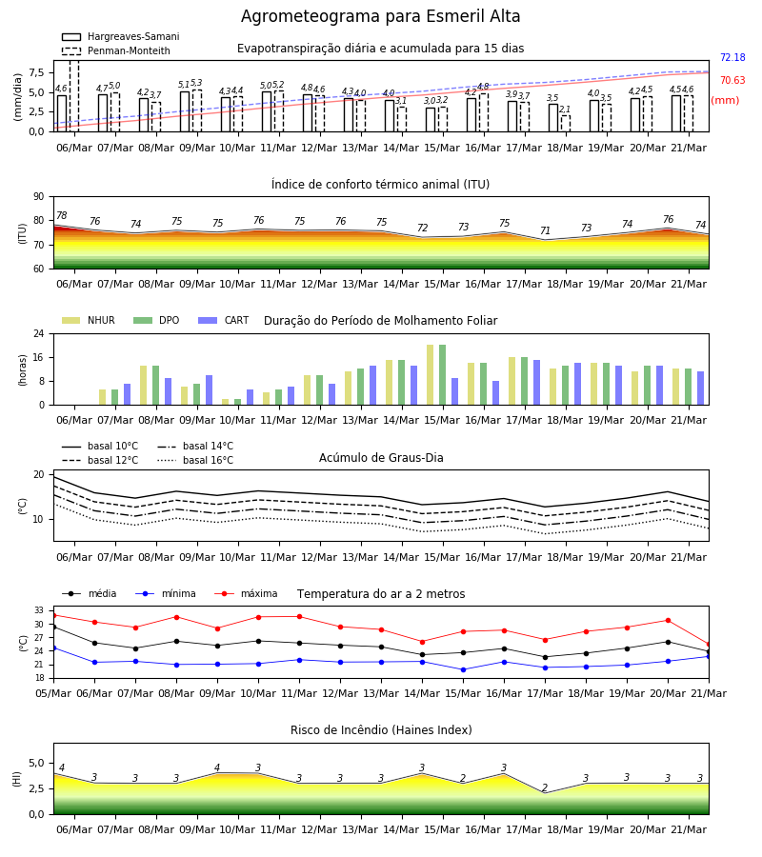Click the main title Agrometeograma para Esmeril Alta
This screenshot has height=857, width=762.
pyautogui.click(x=380, y=16)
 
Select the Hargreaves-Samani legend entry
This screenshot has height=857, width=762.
pyautogui.click(x=121, y=36)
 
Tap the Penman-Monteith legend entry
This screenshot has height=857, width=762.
pyautogui.click(x=116, y=50)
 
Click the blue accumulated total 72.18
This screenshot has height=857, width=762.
pyautogui.click(x=732, y=57)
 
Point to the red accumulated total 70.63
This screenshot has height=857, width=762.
pyautogui.click(x=732, y=80)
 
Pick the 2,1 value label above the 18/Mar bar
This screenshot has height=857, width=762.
pyautogui.click(x=565, y=110)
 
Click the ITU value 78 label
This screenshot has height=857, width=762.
pyautogui.click(x=62, y=215)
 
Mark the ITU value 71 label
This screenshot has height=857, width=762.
pyautogui.click(x=545, y=230)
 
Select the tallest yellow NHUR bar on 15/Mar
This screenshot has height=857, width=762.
pyautogui.click(x=431, y=375)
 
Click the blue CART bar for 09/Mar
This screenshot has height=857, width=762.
pyautogui.click(x=210, y=390)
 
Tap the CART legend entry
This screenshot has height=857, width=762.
pyautogui.click(x=224, y=320)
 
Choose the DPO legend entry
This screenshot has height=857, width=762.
pyautogui.click(x=156, y=320)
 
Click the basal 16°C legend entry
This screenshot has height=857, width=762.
pyautogui.click(x=195, y=460)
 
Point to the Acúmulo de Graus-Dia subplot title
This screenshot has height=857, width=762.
pyautogui.click(x=381, y=457)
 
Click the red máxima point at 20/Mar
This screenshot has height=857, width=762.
pyautogui.click(x=668, y=620)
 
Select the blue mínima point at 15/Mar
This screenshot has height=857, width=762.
pyautogui.click(x=464, y=669)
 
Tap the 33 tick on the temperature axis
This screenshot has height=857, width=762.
pyautogui.click(x=39, y=610)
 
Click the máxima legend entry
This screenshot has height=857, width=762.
pyautogui.click(x=246, y=593)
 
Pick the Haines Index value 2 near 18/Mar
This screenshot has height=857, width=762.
pyautogui.click(x=545, y=787)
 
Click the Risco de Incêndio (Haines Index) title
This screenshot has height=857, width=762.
pyautogui.click(x=381, y=730)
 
